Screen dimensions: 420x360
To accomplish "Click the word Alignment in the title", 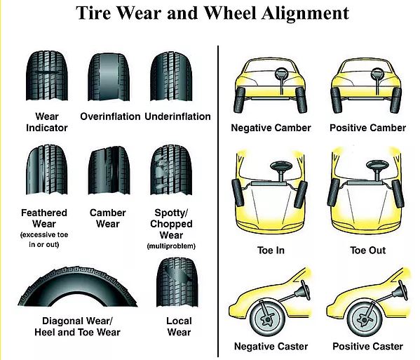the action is (305, 13).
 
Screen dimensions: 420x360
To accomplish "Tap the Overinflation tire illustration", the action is (109, 77).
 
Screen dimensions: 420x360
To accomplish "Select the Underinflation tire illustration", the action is (171, 76).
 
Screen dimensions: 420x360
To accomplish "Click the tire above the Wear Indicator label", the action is (47, 76).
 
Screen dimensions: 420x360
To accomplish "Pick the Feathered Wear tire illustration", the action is (47, 169).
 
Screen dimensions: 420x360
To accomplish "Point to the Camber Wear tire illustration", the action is (109, 171).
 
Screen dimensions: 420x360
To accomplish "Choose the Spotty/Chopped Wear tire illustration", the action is (171, 170).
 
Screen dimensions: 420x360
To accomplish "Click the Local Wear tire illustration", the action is (177, 282).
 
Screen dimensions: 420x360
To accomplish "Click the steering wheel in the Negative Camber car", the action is (281, 73).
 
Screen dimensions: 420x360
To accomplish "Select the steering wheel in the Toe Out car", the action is (377, 165).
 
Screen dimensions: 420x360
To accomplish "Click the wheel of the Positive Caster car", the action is (365, 319).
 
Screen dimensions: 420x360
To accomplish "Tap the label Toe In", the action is (271, 250).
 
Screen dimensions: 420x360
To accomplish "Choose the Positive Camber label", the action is (368, 128).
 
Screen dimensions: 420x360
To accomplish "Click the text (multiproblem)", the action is (171, 246).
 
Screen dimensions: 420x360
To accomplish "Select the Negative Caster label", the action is (271, 346).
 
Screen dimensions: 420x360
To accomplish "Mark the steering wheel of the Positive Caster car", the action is (402, 290).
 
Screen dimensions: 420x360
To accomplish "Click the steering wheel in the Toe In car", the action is (281, 166).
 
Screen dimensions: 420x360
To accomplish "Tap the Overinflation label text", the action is (110, 116).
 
